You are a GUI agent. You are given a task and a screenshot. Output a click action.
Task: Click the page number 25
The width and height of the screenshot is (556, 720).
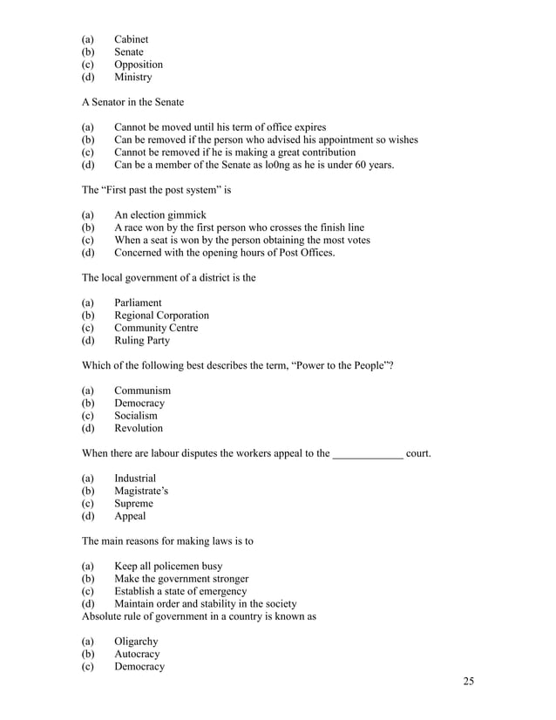point(468,681)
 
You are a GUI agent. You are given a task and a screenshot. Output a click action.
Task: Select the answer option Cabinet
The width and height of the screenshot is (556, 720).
point(131,39)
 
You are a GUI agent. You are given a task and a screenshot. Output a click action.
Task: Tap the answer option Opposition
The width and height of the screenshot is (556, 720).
point(138,65)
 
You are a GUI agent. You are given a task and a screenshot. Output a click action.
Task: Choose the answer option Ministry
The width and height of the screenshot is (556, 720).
point(132,77)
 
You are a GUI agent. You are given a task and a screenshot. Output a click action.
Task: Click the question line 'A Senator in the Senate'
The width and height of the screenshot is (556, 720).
point(132,102)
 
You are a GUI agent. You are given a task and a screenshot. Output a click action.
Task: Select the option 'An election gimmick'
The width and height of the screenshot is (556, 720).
point(159,215)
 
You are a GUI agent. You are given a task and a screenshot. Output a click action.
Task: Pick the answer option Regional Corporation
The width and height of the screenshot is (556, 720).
point(161,316)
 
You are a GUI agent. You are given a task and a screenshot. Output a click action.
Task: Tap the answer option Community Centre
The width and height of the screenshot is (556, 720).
point(156,328)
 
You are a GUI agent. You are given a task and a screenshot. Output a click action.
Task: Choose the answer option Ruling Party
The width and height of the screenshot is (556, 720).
point(141,341)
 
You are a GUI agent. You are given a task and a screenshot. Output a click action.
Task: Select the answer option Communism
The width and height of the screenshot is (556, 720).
point(142,391)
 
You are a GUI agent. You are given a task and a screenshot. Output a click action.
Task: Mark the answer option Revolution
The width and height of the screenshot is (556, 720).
point(138,429)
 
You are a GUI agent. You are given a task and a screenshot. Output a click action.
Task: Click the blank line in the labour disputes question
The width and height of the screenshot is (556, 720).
point(368,453)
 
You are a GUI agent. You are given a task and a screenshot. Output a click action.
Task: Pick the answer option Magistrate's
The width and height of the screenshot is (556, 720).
point(141,492)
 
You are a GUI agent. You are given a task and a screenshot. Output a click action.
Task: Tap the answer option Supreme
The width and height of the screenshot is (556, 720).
point(133,504)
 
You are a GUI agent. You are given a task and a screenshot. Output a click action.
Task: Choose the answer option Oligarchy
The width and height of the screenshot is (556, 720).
point(136,642)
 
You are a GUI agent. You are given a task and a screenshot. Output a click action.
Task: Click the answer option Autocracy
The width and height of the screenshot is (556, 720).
point(137,654)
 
